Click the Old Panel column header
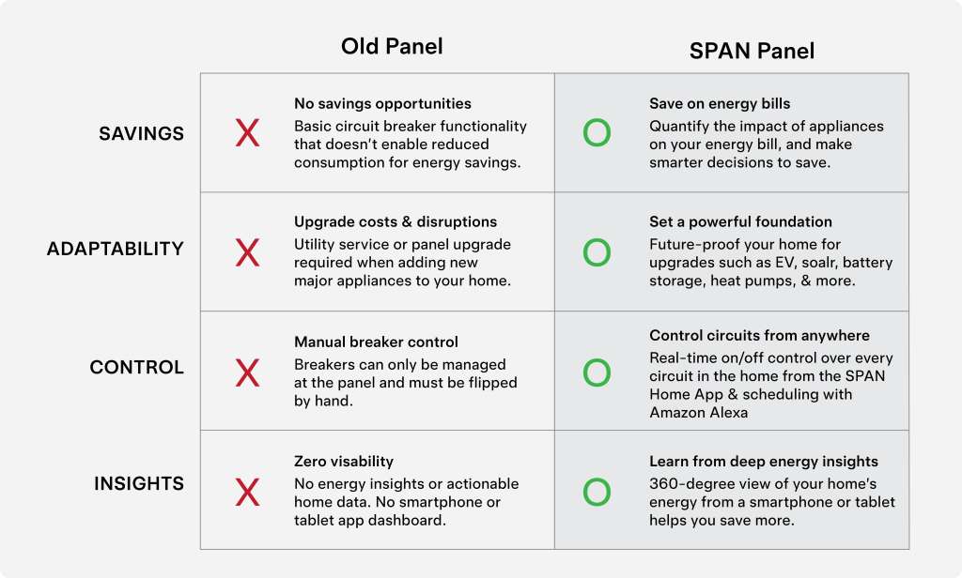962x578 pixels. tap(392, 47)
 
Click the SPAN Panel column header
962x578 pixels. tap(752, 51)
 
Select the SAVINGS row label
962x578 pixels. tap(141, 133)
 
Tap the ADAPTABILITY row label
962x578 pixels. tap(116, 249)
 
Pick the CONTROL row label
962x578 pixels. tap(137, 367)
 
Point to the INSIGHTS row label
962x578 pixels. tap(139, 483)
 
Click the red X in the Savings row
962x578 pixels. tap(247, 133)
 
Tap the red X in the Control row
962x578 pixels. tap(247, 373)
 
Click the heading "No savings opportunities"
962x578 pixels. tap(383, 103)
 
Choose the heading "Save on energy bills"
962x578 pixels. tap(720, 103)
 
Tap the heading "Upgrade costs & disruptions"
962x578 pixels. tap(396, 221)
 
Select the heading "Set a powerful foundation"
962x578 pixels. tap(740, 221)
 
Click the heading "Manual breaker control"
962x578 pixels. tap(376, 342)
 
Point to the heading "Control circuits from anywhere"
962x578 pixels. tap(759, 336)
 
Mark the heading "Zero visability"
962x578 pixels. tap(344, 462)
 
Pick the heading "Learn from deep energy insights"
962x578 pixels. tap(764, 462)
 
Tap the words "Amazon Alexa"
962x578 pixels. tap(699, 413)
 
